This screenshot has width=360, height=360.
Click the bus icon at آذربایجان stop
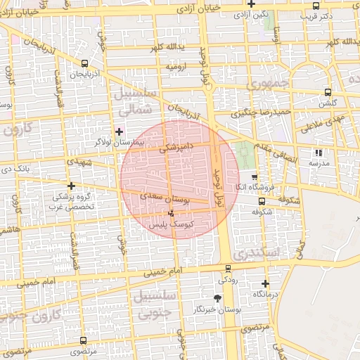pos(74,72)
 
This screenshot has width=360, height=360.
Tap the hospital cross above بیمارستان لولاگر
pos(119,131)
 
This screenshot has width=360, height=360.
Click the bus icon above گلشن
pos(328,92)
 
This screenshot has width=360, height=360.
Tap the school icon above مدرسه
pos(318,152)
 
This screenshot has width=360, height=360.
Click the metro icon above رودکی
pos(227,268)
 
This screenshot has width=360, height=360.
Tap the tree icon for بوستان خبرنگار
pos(217,298)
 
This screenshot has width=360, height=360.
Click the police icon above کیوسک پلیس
pos(171,212)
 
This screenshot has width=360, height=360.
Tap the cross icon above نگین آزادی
pos(250,4)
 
